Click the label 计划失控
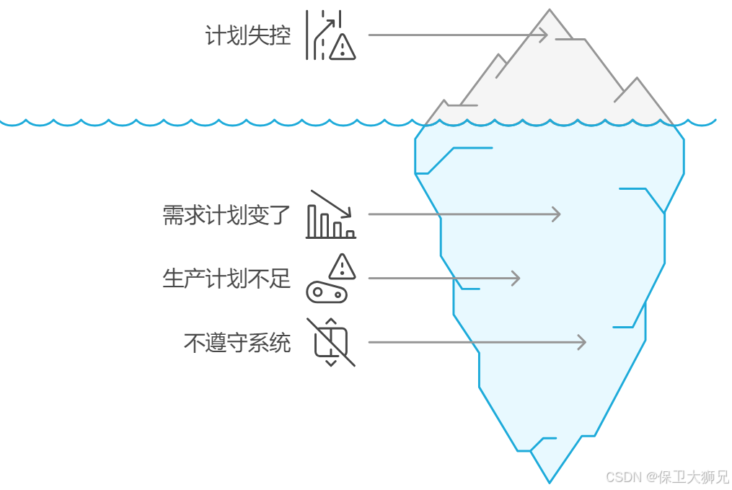248,35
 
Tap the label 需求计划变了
226,215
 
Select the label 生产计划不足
226,279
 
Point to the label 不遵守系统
237,342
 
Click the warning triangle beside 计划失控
343,48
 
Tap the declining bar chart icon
330,221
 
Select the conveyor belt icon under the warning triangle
327,293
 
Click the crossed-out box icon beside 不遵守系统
331,342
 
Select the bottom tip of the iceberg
550,481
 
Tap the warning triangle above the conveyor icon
342,267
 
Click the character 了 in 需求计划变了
281,215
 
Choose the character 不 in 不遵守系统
195,342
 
